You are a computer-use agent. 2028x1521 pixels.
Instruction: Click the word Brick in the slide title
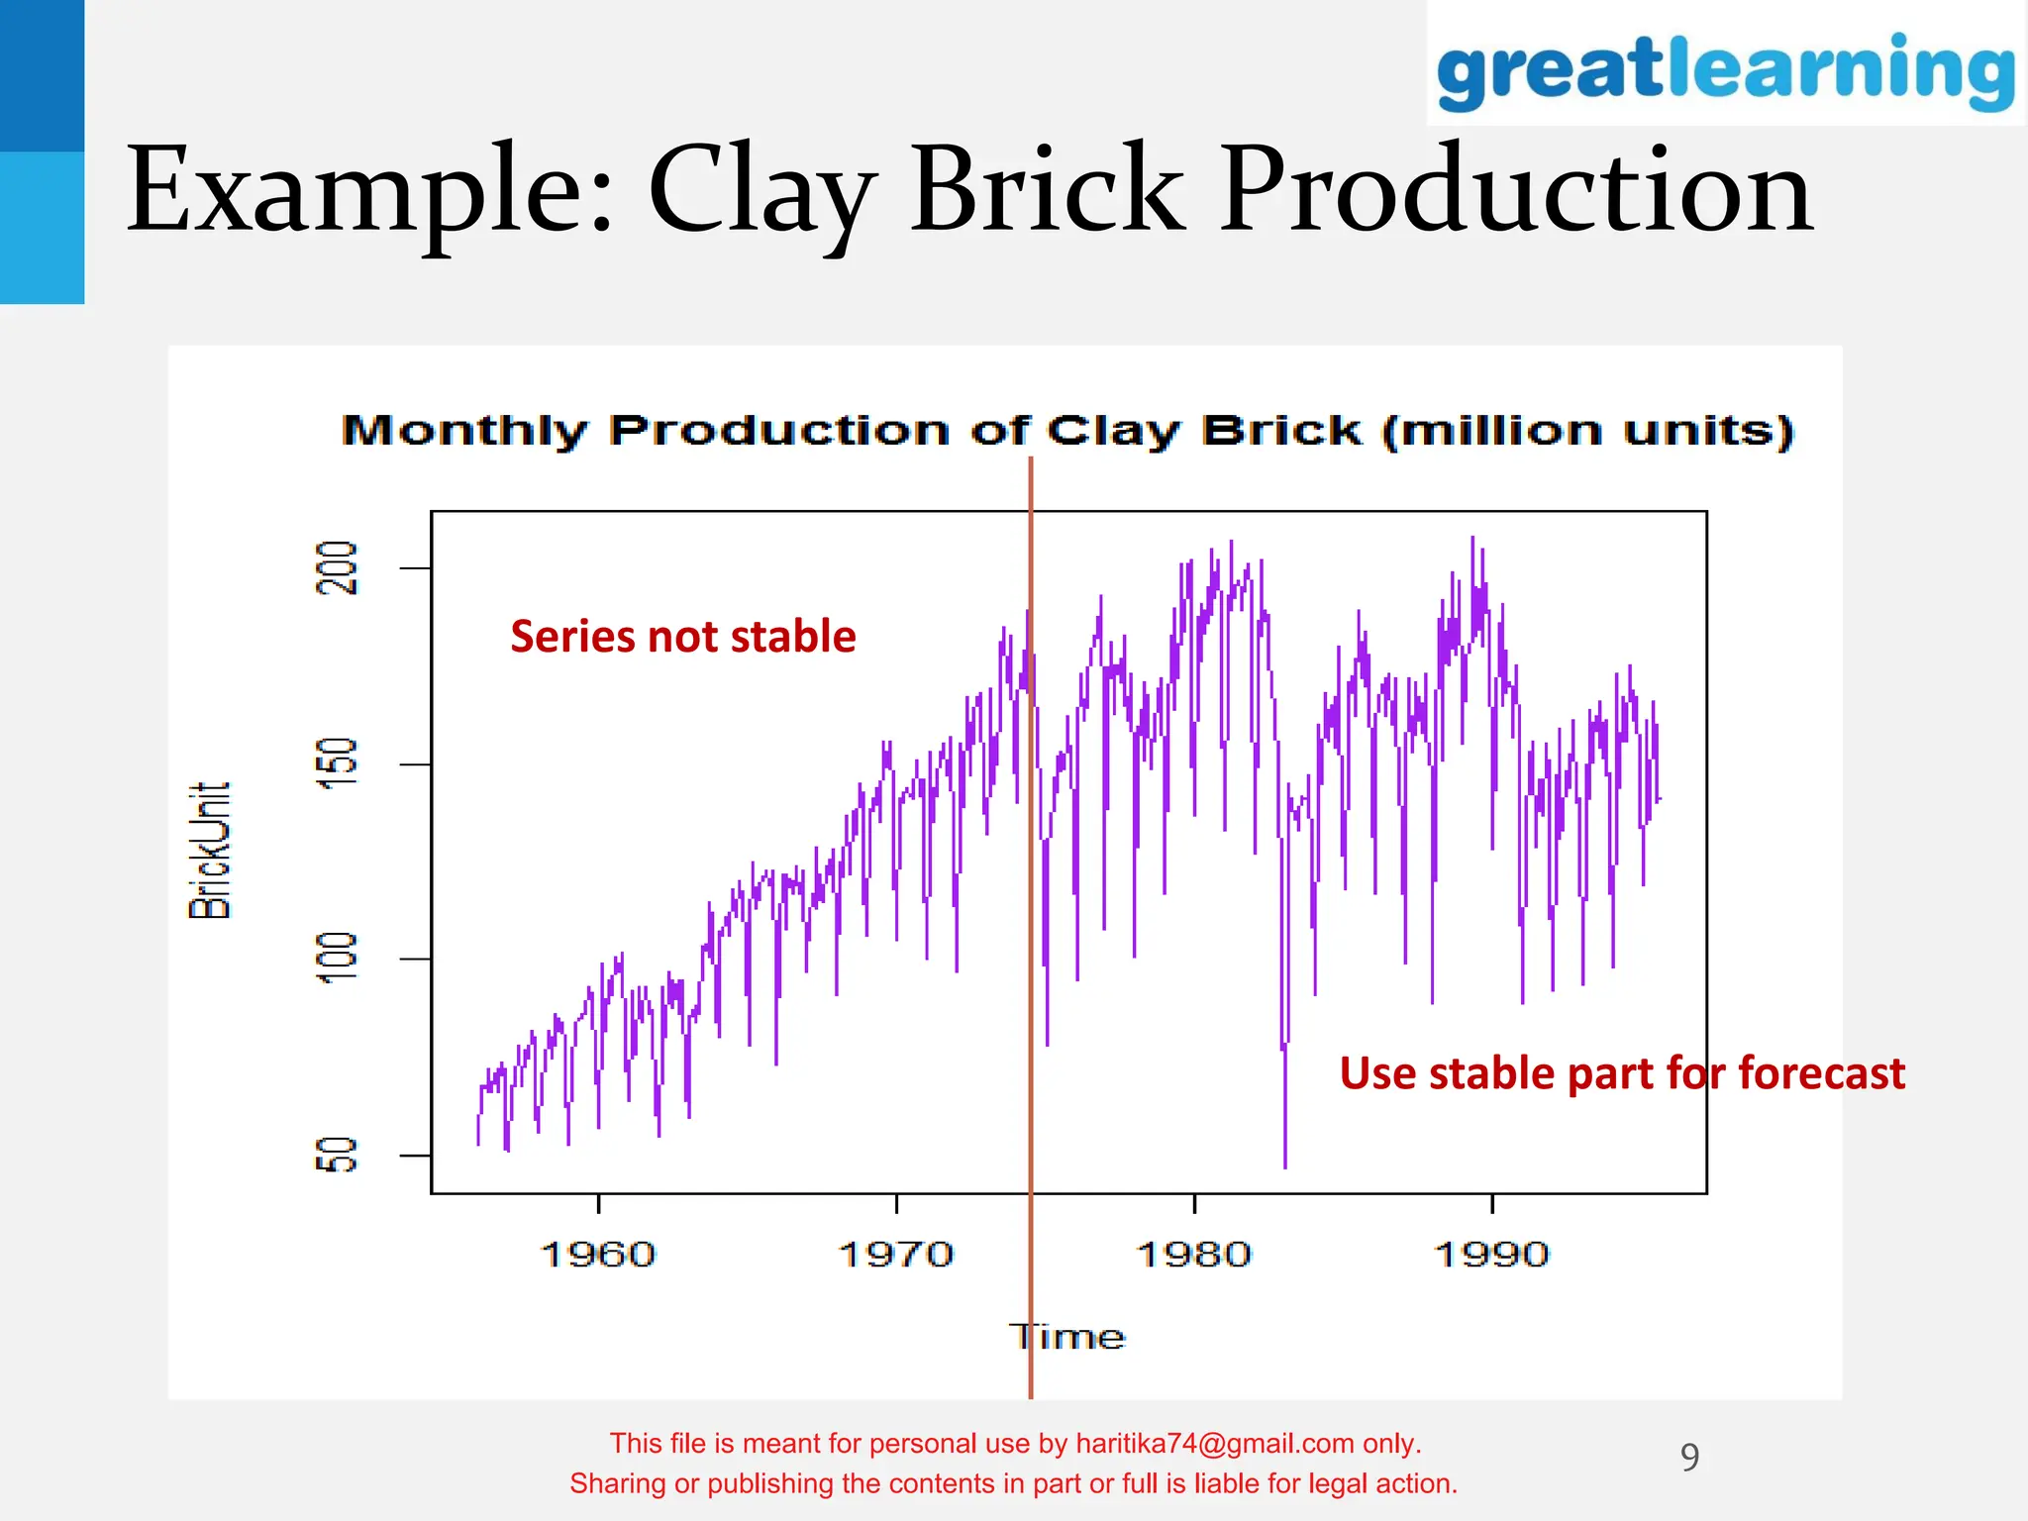click(x=1047, y=189)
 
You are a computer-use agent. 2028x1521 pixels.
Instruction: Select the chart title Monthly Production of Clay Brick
click(x=1067, y=431)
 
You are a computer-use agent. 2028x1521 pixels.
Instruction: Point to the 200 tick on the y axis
click(x=337, y=567)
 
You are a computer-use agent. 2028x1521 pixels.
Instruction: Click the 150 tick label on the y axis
click(x=337, y=763)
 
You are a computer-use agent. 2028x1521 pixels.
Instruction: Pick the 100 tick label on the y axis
click(x=337, y=958)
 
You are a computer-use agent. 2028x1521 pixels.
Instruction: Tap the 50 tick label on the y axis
click(x=337, y=1155)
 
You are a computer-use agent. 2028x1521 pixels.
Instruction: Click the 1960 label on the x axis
click(x=598, y=1255)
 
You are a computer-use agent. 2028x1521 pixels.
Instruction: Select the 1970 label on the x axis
click(x=896, y=1255)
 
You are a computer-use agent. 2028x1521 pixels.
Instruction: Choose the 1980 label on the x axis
click(x=1194, y=1255)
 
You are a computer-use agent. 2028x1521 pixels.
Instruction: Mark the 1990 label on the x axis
click(x=1491, y=1255)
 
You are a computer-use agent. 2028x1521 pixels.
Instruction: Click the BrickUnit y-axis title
click(x=210, y=851)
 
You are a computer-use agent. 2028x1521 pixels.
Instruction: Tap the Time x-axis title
click(x=1067, y=1337)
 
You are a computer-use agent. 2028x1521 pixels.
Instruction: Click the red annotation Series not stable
click(x=682, y=636)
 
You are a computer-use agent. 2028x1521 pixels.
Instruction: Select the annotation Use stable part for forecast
click(x=1621, y=1073)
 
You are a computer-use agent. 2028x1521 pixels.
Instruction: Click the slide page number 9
click(x=1689, y=1457)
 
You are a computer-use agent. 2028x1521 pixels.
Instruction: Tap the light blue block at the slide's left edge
click(x=42, y=228)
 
